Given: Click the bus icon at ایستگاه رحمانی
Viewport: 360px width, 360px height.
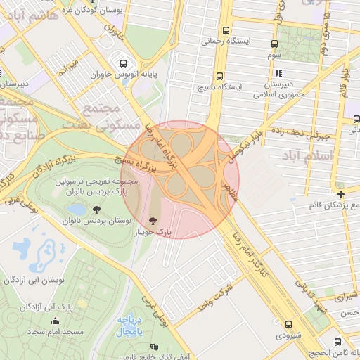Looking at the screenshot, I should point(226,31).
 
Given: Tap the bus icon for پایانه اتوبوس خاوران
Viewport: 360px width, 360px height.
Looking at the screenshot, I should point(124,62).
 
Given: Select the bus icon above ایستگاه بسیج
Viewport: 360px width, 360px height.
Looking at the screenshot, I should point(220,77).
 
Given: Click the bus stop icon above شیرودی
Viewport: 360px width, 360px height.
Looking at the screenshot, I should point(289,324).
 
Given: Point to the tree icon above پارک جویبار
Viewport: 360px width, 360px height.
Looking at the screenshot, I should point(155,221).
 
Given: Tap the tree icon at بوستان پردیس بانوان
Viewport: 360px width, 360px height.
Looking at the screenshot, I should point(96,209).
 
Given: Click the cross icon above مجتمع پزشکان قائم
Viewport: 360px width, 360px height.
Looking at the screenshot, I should point(340,194).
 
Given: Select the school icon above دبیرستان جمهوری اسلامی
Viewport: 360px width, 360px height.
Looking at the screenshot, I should point(278,72).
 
